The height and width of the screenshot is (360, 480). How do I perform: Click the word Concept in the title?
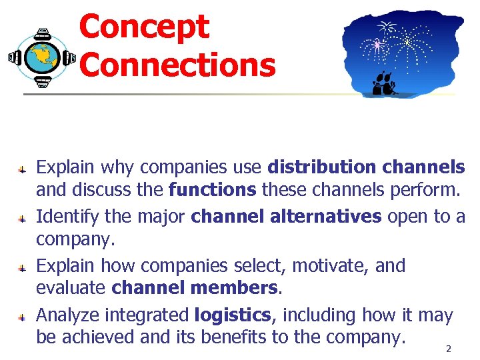pyautogui.click(x=143, y=27)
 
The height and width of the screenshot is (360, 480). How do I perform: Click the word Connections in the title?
pyautogui.click(x=177, y=65)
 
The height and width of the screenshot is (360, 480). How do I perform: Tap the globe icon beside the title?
pyautogui.click(x=42, y=58)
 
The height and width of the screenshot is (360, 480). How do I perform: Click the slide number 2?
pyautogui.click(x=448, y=349)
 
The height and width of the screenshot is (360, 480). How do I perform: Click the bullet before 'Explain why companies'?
pyautogui.click(x=22, y=169)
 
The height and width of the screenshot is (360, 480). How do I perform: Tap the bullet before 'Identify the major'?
pyautogui.click(x=22, y=218)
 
